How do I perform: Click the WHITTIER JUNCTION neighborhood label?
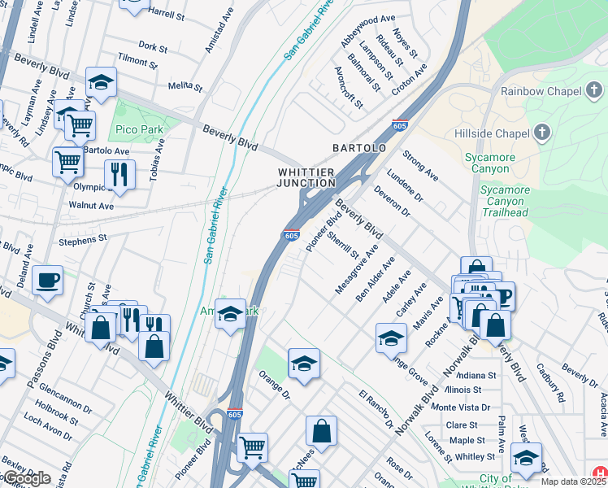(x=306, y=177)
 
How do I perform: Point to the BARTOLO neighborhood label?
(x=358, y=148)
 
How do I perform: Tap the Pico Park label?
(x=139, y=129)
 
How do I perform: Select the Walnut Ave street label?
(x=91, y=206)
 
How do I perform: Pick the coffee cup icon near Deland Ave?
(x=48, y=280)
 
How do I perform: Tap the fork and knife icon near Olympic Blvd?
(x=119, y=173)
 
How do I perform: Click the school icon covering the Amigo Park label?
(x=231, y=314)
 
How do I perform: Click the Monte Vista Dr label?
(x=460, y=407)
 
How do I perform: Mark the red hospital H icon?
(x=601, y=473)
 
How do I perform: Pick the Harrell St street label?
(x=167, y=14)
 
